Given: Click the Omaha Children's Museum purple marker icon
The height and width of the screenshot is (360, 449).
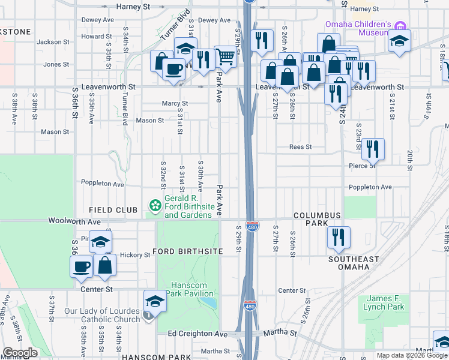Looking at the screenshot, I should (x=400, y=25).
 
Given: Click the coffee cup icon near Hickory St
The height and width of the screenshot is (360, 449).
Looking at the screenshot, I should (x=81, y=265).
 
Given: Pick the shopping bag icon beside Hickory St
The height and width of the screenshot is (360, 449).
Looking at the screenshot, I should (x=105, y=265).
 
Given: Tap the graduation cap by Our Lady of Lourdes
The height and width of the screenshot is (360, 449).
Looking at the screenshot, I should (x=154, y=301).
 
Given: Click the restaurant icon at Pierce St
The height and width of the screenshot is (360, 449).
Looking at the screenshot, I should (x=373, y=148).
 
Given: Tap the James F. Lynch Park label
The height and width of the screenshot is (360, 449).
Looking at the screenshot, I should (x=384, y=302).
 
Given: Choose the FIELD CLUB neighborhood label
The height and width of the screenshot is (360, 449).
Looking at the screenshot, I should (x=109, y=209).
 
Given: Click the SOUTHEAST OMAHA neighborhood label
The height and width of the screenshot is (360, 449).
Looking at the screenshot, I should (x=354, y=263).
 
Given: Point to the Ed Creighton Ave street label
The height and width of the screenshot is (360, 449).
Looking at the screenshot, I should (x=198, y=334).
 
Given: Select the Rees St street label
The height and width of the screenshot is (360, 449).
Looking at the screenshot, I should (x=300, y=146).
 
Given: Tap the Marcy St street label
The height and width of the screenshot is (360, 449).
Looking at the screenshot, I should (x=175, y=103).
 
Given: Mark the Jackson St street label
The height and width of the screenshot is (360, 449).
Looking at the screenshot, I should (x=53, y=42).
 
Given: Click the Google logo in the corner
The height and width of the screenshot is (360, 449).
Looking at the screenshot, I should (x=20, y=352).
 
